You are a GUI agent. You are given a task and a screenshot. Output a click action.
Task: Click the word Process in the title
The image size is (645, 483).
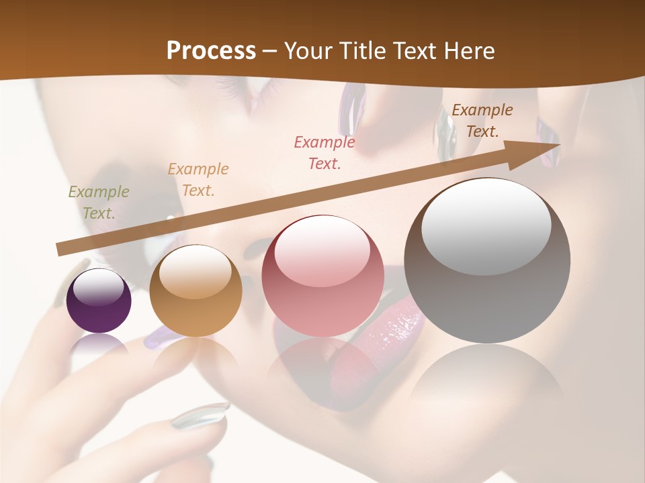click(x=211, y=51)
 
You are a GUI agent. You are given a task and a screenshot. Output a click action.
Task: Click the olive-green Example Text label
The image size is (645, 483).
click(x=98, y=202)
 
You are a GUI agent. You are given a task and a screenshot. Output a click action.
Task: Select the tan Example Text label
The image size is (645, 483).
click(x=198, y=179)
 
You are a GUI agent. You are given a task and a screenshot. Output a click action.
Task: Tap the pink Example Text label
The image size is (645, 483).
click(x=325, y=152)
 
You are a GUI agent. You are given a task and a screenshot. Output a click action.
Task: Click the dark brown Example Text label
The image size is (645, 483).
click(x=482, y=121)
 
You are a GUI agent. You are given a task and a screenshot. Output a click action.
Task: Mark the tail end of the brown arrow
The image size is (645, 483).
click(x=61, y=250)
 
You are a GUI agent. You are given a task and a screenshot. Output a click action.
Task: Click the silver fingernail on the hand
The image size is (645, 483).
click(x=200, y=415)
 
